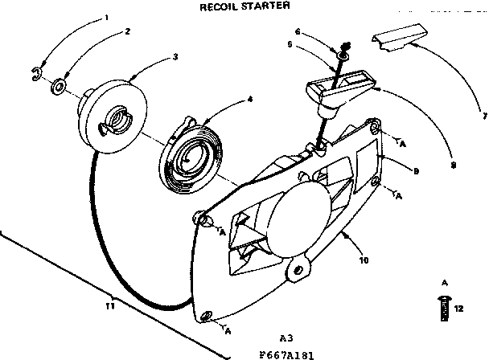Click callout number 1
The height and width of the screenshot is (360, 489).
pyautogui.click(x=105, y=17)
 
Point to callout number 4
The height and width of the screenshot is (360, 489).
pyautogui.click(x=250, y=99)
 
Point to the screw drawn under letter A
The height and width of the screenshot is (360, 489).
pyautogui.click(x=442, y=309)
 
